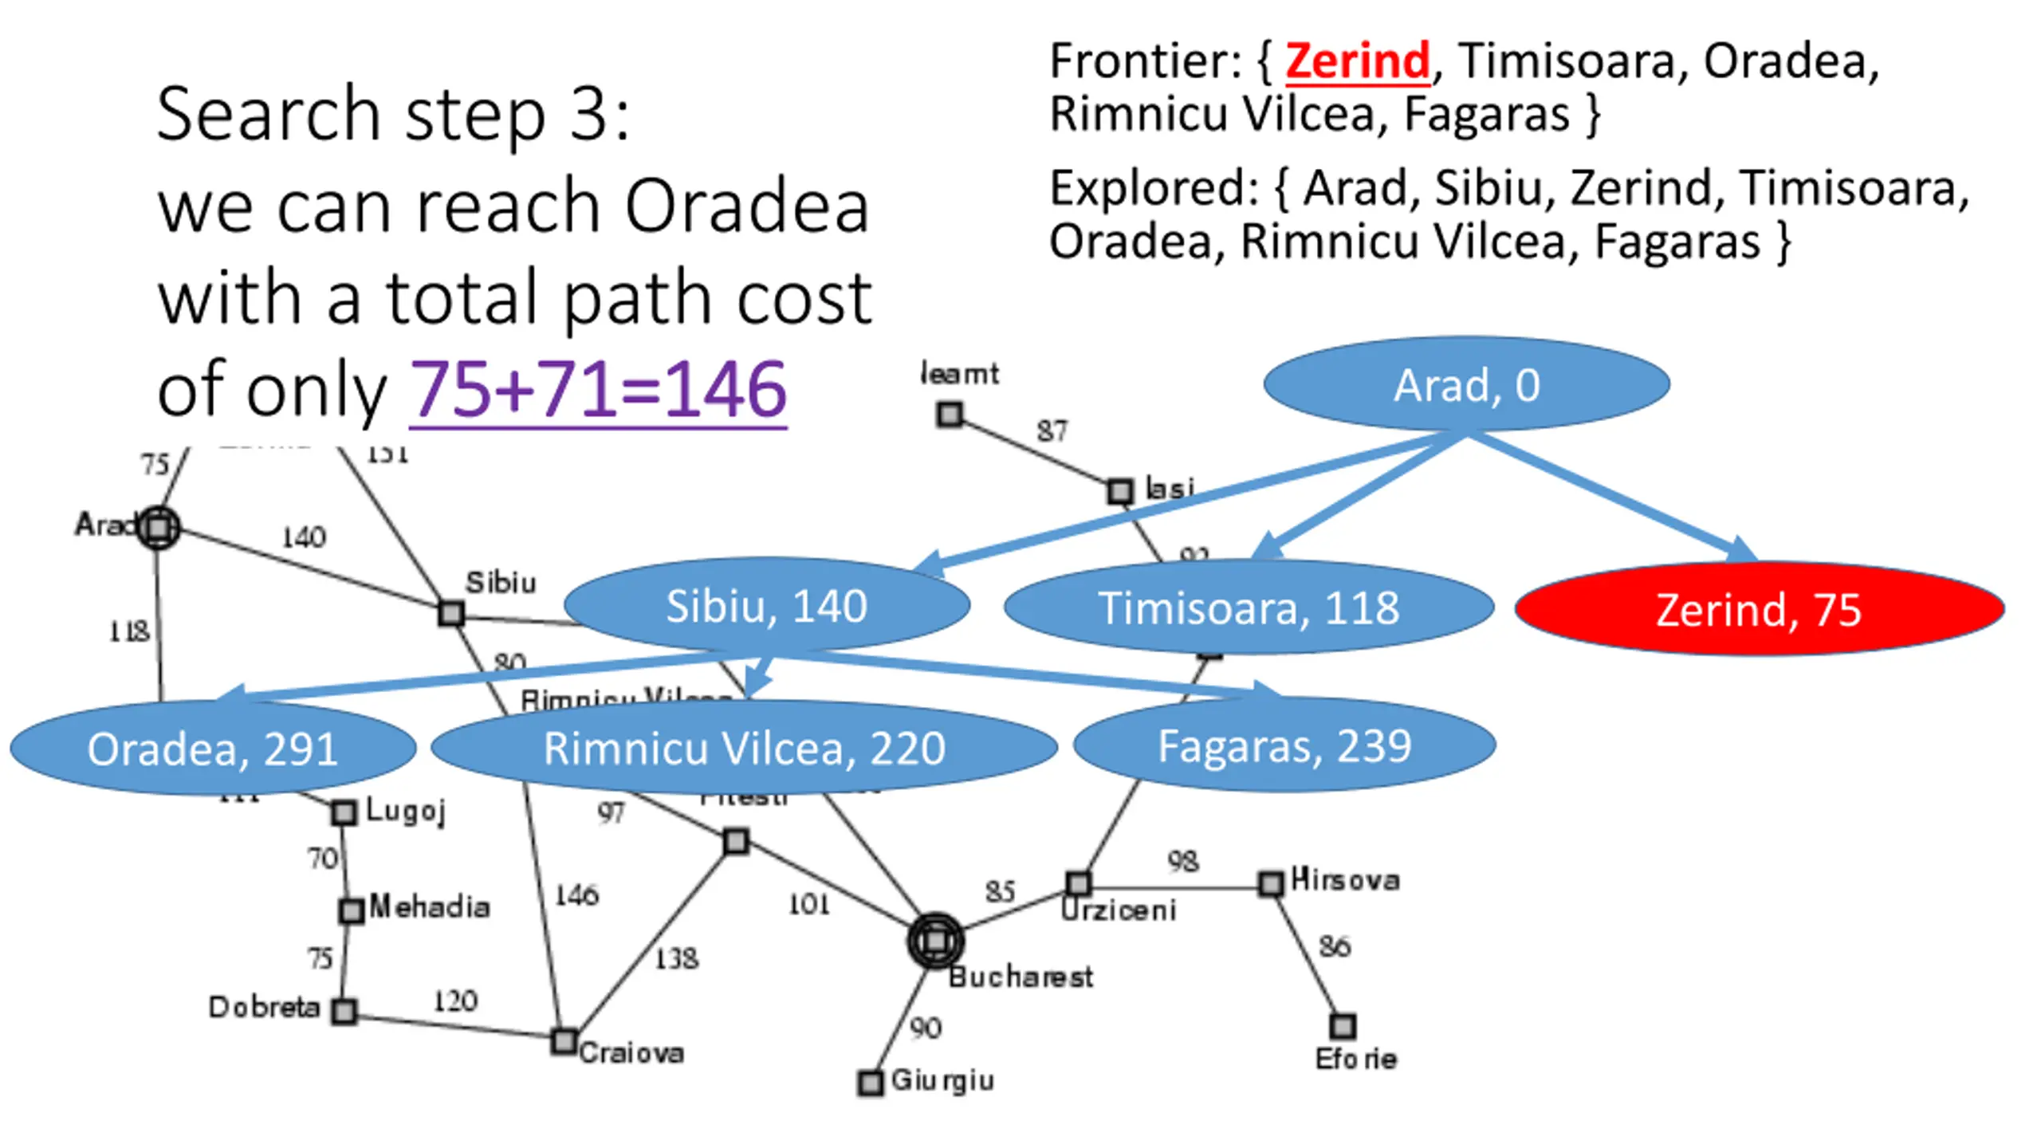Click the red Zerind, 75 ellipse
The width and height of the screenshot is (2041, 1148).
click(x=1759, y=609)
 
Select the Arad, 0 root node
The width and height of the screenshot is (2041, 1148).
click(x=1466, y=384)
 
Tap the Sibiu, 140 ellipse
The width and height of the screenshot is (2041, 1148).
click(x=766, y=605)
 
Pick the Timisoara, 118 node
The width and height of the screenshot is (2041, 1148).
click(x=1248, y=607)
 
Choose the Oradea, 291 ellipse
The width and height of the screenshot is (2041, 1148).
click(x=212, y=748)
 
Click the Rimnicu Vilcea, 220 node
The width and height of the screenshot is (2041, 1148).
click(x=744, y=748)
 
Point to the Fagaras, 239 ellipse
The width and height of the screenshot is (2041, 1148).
click(x=1284, y=745)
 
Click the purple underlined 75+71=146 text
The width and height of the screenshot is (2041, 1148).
click(x=598, y=390)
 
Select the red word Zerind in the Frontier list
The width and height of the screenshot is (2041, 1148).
click(x=1357, y=61)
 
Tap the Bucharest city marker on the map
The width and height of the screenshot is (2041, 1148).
click(x=935, y=942)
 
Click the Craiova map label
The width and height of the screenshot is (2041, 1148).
click(x=631, y=1053)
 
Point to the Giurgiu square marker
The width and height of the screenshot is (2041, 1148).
click(x=870, y=1083)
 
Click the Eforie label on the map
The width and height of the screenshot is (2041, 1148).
click(x=1355, y=1059)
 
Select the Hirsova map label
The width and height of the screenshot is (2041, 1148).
click(x=1345, y=879)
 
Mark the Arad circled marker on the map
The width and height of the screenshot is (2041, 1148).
click(x=159, y=527)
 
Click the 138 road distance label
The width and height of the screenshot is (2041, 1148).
click(x=676, y=958)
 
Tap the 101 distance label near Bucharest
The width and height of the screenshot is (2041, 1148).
click(x=808, y=904)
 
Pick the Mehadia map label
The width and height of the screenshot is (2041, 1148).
click(x=429, y=907)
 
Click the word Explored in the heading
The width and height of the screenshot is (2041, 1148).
click(x=1153, y=189)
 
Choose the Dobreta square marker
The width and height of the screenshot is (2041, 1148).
click(x=344, y=1011)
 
